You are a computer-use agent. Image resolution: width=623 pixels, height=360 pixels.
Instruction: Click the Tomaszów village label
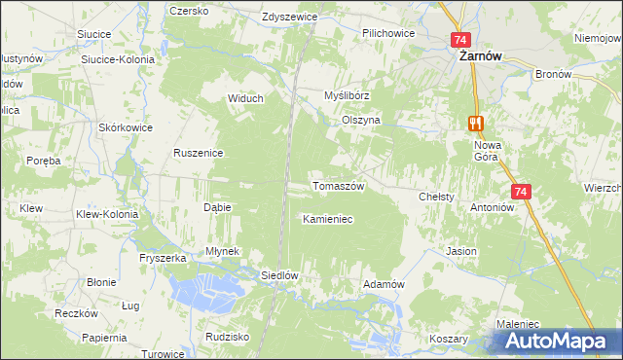click(338, 186)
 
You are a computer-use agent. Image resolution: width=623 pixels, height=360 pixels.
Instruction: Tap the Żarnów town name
click(480, 56)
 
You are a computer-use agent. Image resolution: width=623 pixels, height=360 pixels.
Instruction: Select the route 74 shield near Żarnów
click(461, 40)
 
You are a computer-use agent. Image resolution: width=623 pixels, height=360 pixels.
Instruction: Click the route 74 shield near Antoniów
click(520, 193)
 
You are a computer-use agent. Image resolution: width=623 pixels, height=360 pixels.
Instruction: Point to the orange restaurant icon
click(475, 123)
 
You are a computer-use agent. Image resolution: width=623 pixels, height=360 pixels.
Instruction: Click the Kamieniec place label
click(327, 220)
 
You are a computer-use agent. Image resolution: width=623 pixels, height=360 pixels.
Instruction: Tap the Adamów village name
click(383, 283)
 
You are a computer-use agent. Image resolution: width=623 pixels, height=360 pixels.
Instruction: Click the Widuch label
click(245, 97)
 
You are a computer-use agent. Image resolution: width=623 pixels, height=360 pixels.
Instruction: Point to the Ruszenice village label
click(200, 153)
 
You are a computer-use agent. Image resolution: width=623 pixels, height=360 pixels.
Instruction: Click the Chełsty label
click(436, 197)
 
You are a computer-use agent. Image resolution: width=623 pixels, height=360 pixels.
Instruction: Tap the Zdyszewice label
click(292, 18)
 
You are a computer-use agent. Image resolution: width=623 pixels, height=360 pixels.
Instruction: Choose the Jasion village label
click(461, 251)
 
